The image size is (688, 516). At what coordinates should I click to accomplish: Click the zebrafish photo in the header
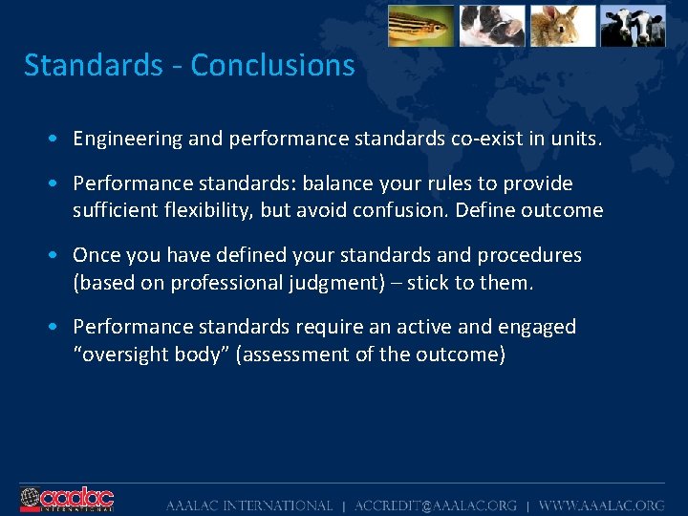pos(420,26)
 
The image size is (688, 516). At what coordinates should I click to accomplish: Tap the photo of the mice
pos(492,26)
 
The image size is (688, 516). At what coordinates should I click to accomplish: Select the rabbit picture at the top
pos(563,26)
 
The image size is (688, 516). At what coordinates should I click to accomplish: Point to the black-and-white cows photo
pos(633,26)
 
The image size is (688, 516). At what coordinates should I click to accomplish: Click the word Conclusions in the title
pos(272,66)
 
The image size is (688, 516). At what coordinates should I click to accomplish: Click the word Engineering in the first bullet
pos(128,139)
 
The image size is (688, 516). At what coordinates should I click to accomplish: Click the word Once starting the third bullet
pos(96,255)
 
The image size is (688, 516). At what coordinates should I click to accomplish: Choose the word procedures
pos(527,255)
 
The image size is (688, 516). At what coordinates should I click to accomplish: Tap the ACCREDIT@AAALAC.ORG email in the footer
pos(436,505)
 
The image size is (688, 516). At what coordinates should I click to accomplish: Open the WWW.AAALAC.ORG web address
pos(601,505)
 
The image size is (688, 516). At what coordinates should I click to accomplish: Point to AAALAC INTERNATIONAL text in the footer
pos(248,505)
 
